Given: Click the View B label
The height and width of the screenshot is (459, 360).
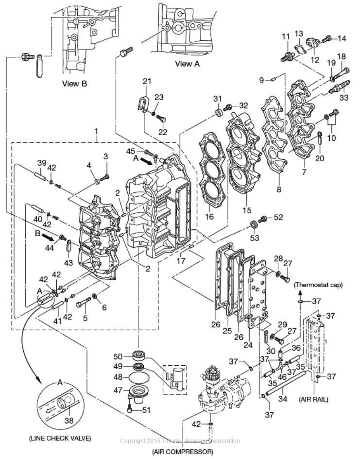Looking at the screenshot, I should point(75,83).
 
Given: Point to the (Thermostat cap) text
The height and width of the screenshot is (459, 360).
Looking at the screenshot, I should point(317,285).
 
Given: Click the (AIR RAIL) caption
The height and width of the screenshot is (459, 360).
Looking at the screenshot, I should point(313,399).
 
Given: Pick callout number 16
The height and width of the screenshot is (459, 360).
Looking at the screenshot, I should point(209,216).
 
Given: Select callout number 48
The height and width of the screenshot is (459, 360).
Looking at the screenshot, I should point(118,377).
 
